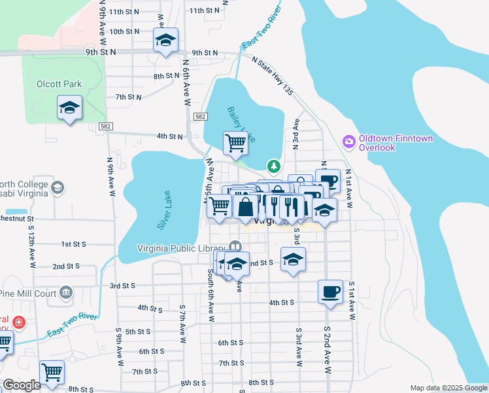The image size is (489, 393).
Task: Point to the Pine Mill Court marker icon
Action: [x=66, y=291]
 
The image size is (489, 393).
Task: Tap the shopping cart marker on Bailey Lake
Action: [x=235, y=142]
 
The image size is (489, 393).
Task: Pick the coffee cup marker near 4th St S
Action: [x=330, y=290]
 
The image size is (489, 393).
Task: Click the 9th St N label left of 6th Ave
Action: [x=100, y=51]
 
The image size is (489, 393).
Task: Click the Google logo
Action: [x=22, y=385]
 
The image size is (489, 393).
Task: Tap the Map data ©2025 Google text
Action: [x=448, y=388]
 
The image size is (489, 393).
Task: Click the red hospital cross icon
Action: [x=19, y=323]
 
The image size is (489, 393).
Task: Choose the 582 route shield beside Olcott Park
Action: [x=105, y=125]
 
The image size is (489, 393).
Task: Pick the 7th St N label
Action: [x=129, y=97]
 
